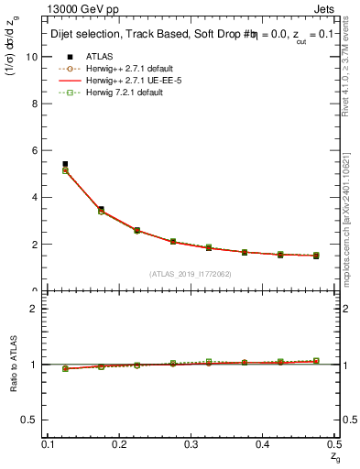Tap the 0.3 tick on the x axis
[x=191, y=443]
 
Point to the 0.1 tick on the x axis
[x=49, y=443]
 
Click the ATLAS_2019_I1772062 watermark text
[x=191, y=274]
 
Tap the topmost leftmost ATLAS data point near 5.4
[x=65, y=164]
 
